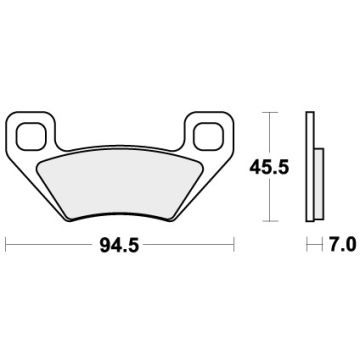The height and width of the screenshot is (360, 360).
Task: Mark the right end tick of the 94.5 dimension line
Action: tap(234, 242)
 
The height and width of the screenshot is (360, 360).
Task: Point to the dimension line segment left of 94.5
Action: tap(55, 242)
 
